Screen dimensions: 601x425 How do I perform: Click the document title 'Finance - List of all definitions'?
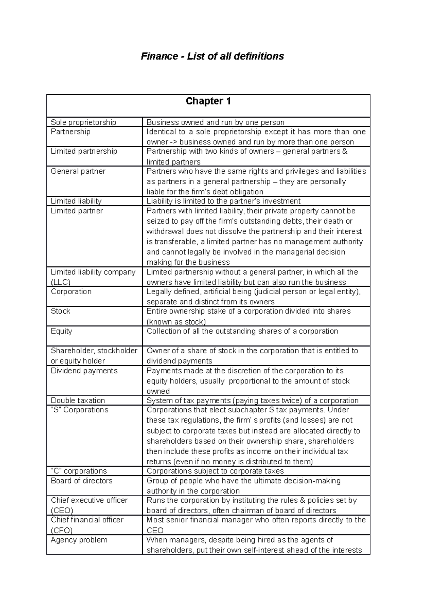[x=212, y=56]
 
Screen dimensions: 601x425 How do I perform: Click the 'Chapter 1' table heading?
[x=208, y=101]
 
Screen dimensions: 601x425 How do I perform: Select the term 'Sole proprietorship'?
[x=83, y=122]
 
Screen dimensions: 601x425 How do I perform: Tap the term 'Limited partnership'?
[x=84, y=151]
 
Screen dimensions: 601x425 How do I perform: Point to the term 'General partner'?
[x=78, y=171]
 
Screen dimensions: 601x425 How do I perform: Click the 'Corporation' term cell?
[x=71, y=292]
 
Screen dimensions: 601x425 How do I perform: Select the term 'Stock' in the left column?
[x=61, y=311]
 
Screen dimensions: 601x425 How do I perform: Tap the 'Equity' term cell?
[x=61, y=331]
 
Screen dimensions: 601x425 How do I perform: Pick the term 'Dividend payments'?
[x=84, y=371]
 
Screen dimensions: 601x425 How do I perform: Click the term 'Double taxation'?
[x=78, y=400]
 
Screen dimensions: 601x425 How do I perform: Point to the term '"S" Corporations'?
[x=79, y=410]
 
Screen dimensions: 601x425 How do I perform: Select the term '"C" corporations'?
[x=79, y=471]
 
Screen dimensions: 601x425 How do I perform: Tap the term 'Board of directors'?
[x=81, y=481]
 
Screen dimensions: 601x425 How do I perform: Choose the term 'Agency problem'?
[x=79, y=540]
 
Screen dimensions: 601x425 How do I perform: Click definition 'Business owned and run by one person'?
[x=215, y=122]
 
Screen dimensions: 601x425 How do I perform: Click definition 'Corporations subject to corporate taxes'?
[x=215, y=471]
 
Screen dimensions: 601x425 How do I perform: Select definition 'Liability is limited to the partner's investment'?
[x=223, y=201]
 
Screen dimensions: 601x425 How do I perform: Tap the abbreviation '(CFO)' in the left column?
[x=62, y=530]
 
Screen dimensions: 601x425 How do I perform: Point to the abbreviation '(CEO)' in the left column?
[x=62, y=510]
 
